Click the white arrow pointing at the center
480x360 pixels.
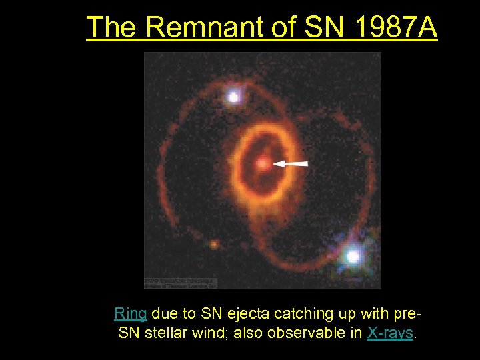[291, 163]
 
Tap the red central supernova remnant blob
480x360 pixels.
[263, 163]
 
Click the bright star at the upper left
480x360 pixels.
[233, 97]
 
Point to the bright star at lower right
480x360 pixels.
[353, 256]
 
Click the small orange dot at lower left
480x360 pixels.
[213, 245]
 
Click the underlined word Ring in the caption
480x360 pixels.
[130, 313]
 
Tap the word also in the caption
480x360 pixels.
[247, 333]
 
